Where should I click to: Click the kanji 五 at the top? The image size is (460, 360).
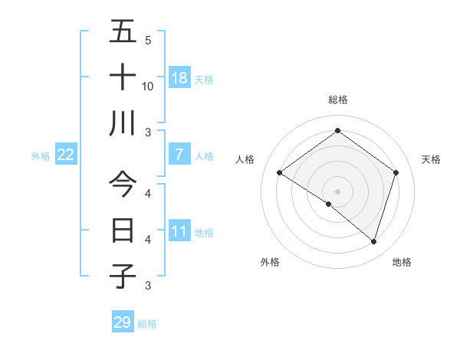(x=123, y=32)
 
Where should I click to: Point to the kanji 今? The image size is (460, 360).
(x=123, y=185)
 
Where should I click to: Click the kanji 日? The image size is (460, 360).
(x=123, y=231)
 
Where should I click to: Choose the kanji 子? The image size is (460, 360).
(x=123, y=276)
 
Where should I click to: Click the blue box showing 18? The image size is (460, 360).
(x=179, y=77)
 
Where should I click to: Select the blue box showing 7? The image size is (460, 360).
(x=179, y=155)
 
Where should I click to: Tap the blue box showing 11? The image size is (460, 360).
(x=179, y=231)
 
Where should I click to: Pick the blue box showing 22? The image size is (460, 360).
(x=66, y=155)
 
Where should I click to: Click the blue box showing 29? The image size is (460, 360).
(x=123, y=322)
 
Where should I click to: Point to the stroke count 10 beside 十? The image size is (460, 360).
(x=148, y=86)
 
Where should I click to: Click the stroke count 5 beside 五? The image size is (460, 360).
(x=147, y=40)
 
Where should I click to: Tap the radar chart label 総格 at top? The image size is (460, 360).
(x=337, y=100)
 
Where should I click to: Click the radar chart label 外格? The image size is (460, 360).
(x=270, y=262)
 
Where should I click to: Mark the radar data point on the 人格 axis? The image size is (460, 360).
(x=280, y=173)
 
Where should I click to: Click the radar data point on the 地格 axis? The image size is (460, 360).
(x=373, y=241)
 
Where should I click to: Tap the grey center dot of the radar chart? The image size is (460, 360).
(x=337, y=191)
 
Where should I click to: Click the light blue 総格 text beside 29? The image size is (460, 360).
(x=147, y=324)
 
